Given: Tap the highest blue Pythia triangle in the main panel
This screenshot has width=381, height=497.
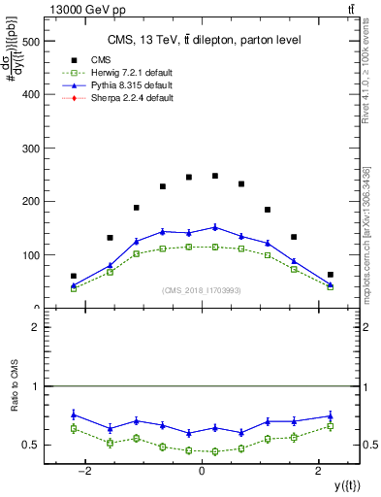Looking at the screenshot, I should coord(215,227).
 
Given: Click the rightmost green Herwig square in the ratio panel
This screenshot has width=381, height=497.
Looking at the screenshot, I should coord(330,426).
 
